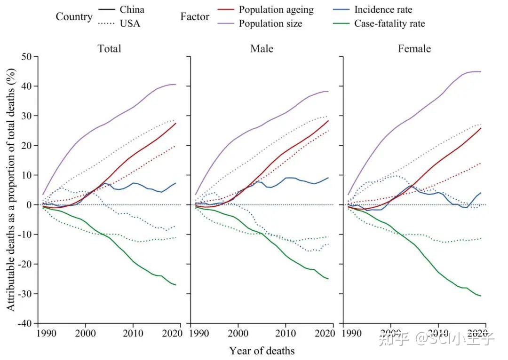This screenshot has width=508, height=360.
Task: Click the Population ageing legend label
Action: (276, 10)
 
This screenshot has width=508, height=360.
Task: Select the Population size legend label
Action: (270, 23)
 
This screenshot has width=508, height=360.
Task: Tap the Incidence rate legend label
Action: (383, 10)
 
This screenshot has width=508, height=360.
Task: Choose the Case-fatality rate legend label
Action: (389, 23)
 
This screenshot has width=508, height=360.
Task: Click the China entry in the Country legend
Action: (132, 10)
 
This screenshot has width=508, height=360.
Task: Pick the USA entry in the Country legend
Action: (130, 23)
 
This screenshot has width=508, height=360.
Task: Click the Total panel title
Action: (109, 48)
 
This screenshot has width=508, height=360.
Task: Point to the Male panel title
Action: (262, 48)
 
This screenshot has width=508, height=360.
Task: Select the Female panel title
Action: (414, 48)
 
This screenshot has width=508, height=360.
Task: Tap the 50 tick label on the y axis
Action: (26, 57)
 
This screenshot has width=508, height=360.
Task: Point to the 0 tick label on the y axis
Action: (30, 205)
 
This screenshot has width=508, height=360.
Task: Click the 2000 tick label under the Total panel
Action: (85, 333)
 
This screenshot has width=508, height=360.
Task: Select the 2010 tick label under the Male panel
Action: (286, 333)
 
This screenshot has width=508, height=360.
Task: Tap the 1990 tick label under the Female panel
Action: (351, 333)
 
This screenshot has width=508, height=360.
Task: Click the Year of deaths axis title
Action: (262, 351)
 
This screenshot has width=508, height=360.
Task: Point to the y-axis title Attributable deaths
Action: (11, 190)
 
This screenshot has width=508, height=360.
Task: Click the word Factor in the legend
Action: (195, 16)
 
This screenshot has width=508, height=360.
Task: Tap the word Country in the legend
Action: (74, 16)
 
